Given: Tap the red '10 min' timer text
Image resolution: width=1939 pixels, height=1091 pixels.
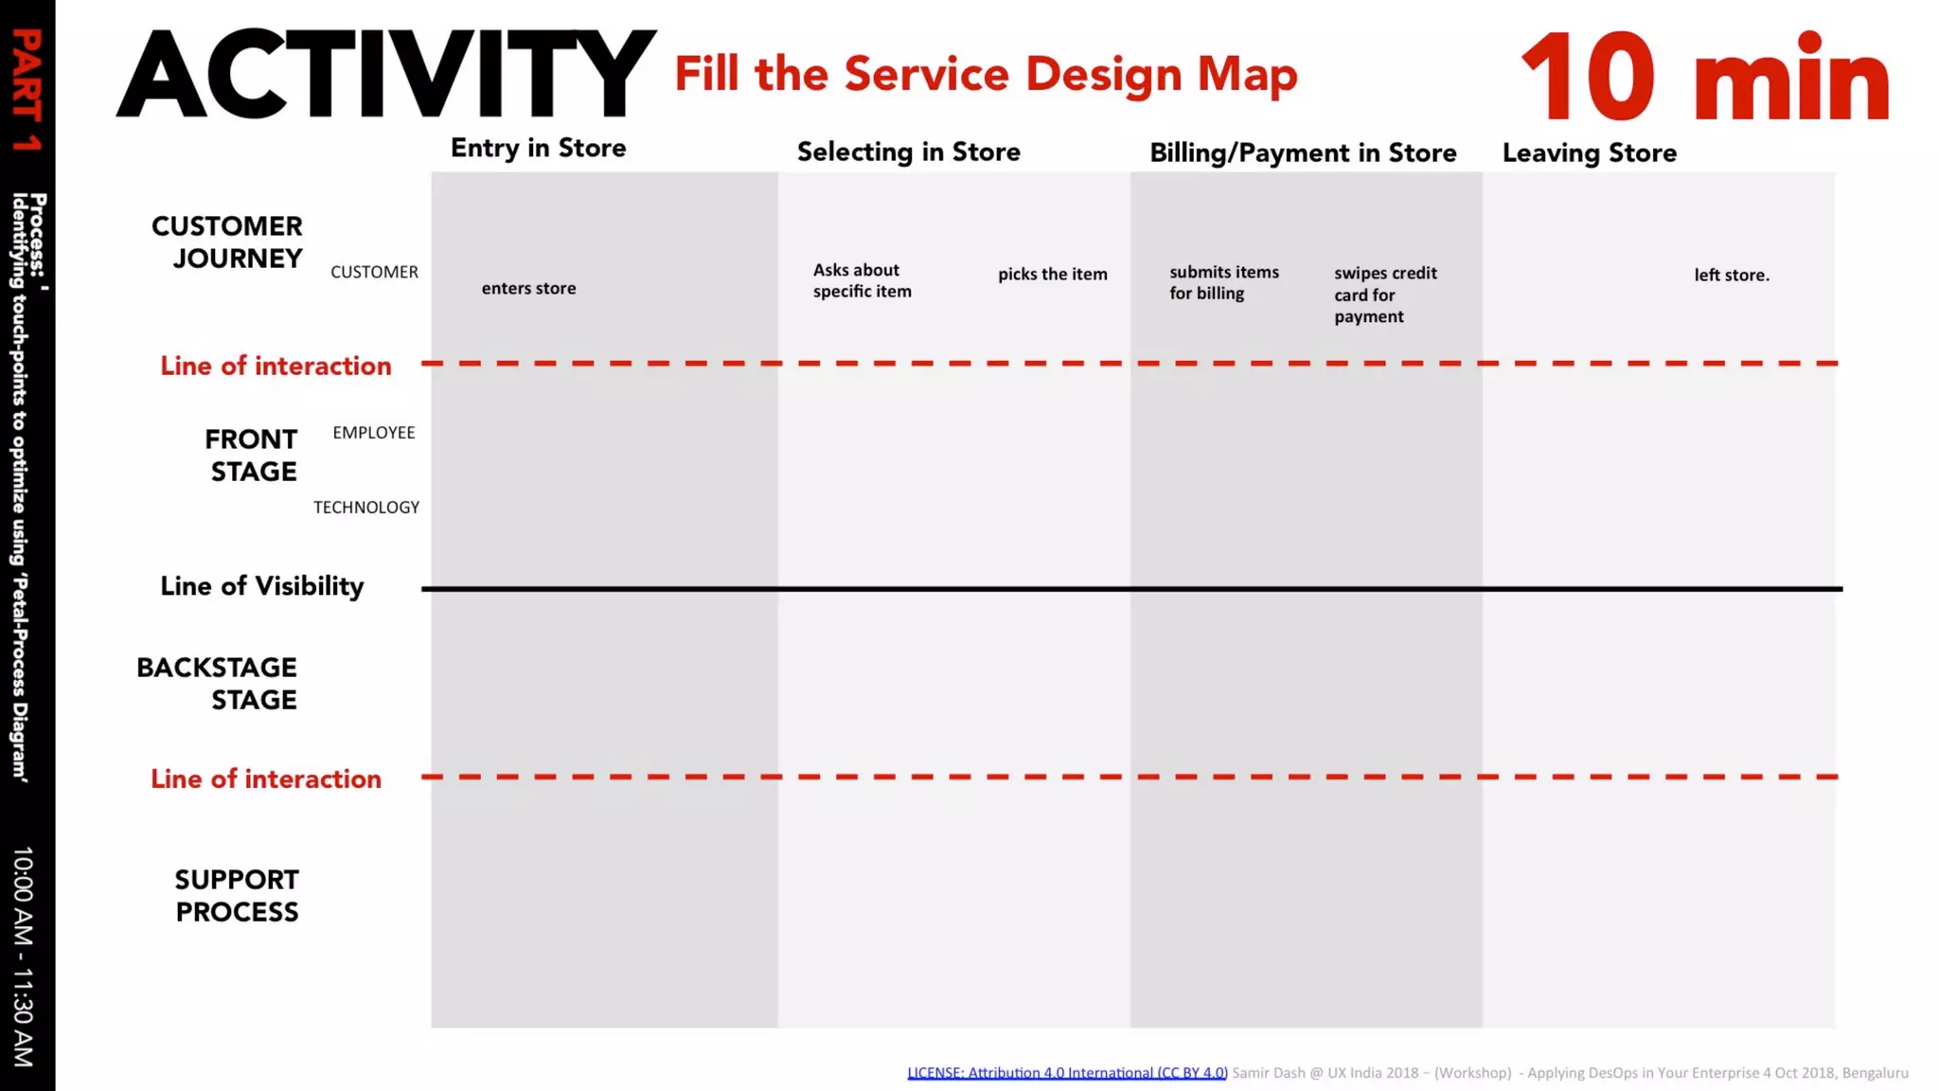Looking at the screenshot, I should tap(1704, 78).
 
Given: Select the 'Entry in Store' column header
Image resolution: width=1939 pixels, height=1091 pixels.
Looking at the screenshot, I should tap(538, 149).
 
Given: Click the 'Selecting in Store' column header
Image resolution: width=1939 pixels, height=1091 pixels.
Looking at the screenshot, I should tap(908, 152).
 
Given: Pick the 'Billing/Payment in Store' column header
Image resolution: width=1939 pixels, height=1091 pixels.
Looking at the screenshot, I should tap(1303, 153).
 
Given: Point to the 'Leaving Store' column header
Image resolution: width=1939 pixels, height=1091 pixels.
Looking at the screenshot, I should tap(1589, 153).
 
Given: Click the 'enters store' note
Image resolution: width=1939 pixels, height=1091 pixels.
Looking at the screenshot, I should tap(528, 289).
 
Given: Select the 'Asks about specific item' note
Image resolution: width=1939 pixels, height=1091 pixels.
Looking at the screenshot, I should tap(862, 281).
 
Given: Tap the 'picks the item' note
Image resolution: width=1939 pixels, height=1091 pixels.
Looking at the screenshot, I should tap(1052, 275).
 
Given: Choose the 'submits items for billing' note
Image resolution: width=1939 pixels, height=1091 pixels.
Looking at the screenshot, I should tap(1223, 283).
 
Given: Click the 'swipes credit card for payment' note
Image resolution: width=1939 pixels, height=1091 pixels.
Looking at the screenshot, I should tap(1384, 295).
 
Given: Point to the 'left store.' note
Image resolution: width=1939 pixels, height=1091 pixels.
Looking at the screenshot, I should tap(1731, 276).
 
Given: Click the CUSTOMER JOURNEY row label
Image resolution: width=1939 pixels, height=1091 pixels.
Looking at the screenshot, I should tap(227, 242).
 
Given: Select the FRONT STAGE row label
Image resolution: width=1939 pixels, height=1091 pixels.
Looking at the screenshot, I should tap(251, 456).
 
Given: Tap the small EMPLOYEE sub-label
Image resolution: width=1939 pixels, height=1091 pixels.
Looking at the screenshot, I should tap(374, 433).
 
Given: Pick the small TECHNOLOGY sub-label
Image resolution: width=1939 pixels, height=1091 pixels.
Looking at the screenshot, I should tap(366, 508).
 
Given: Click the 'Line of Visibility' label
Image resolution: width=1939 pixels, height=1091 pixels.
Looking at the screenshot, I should tap(261, 587).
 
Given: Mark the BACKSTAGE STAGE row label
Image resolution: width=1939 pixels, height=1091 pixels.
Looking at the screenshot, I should tap(217, 684).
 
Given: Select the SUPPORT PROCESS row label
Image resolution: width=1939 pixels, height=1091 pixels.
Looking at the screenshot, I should tap(237, 896).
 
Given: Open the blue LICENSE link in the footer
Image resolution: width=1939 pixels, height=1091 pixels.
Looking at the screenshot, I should tap(1067, 1073).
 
